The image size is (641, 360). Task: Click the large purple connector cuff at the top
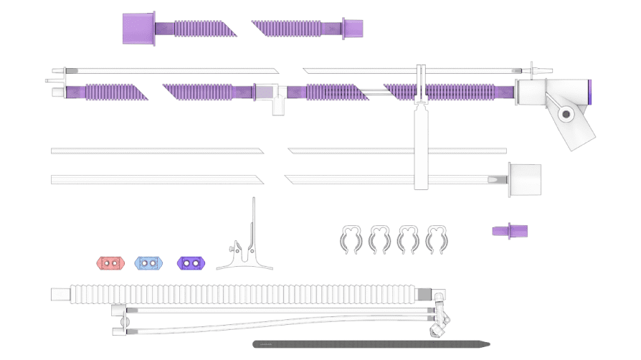click(138, 29)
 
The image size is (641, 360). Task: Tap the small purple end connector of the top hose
click(353, 29)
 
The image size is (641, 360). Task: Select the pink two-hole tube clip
click(109, 263)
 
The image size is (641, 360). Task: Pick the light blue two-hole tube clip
click(148, 263)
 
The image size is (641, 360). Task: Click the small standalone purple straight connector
click(510, 230)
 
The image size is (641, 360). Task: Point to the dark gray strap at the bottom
click(371, 344)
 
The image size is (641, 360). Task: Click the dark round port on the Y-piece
click(566, 113)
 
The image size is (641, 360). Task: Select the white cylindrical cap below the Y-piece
click(525, 179)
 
